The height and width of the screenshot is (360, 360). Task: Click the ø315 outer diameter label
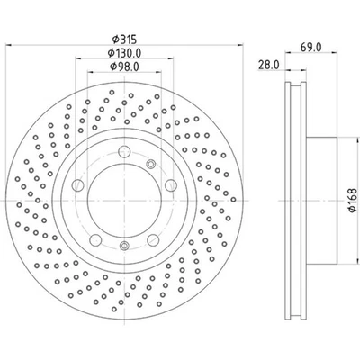point(122,39)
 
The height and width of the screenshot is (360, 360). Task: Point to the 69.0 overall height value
point(310,44)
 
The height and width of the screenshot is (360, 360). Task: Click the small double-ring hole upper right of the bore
point(150,163)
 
